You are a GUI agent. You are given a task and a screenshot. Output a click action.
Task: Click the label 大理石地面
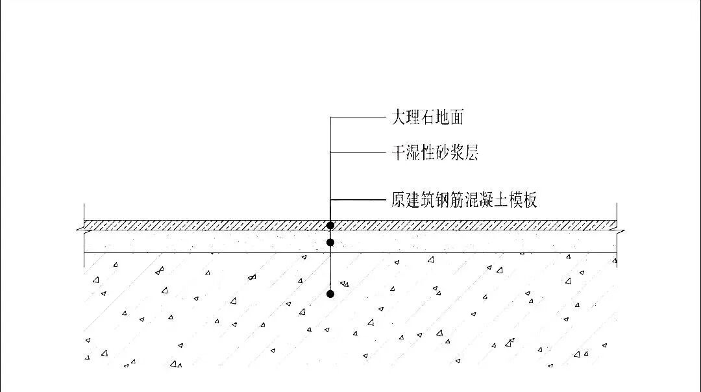(427, 117)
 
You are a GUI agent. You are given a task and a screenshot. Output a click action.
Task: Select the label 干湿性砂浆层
(435, 153)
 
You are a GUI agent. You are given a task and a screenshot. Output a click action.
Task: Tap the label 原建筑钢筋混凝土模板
(464, 199)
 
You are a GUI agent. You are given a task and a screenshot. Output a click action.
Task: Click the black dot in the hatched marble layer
(330, 225)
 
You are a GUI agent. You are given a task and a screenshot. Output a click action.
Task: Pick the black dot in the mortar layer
(330, 242)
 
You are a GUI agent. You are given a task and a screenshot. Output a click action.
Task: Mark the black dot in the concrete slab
(330, 294)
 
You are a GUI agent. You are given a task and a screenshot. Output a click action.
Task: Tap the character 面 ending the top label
(456, 117)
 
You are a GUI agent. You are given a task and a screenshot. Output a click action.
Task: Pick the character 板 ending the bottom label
(530, 199)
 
